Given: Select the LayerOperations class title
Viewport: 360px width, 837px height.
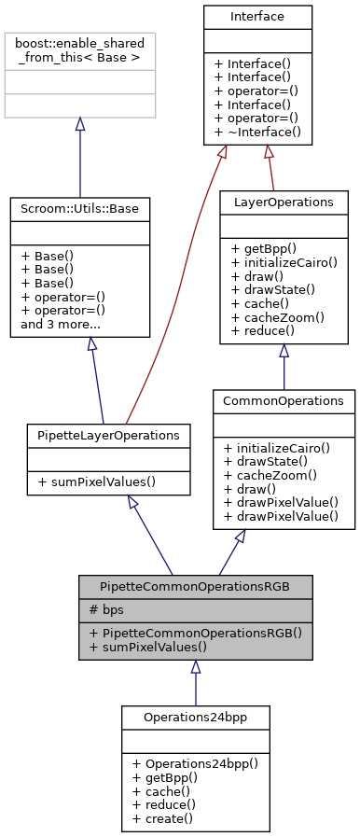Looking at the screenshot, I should [284, 202].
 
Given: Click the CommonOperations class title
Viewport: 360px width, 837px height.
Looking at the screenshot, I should [284, 401].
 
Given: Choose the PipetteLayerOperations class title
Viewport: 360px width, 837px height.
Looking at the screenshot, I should [109, 436].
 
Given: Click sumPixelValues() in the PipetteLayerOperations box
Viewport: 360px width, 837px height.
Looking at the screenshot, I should [97, 481].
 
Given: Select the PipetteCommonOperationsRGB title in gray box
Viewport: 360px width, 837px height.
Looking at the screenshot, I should [195, 587].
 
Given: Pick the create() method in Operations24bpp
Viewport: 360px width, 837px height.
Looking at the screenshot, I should [162, 817].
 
